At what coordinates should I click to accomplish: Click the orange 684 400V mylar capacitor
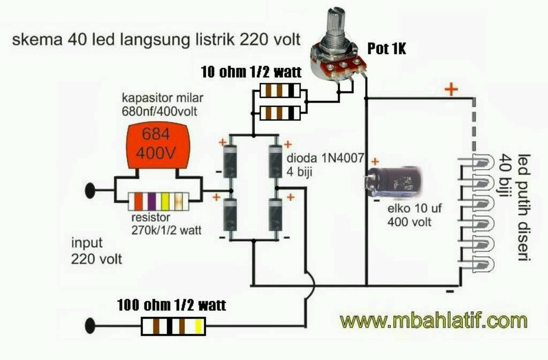tap(158, 145)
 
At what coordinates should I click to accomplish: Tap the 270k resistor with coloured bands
tap(158, 202)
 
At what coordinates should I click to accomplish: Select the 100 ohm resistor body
tap(173, 326)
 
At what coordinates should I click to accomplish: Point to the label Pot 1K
tap(386, 49)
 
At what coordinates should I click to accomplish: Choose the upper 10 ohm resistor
tap(280, 90)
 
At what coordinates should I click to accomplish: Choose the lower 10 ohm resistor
tap(280, 113)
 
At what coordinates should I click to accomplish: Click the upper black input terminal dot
tap(90, 190)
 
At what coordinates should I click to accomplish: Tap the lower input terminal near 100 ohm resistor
tap(90, 325)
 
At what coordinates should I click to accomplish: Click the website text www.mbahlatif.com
tap(433, 320)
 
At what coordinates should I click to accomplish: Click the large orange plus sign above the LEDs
tap(451, 89)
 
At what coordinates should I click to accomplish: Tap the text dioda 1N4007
tap(325, 158)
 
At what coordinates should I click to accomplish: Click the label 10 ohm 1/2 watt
tap(252, 72)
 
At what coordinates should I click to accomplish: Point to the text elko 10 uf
tap(415, 209)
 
